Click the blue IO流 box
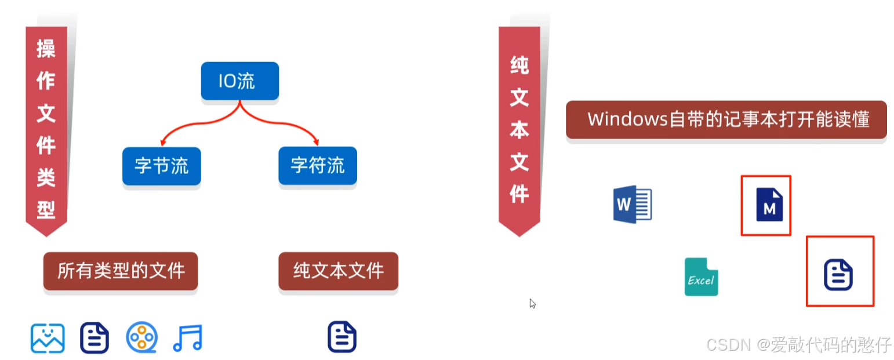[239, 81]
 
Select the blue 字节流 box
[161, 166]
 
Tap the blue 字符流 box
[317, 166]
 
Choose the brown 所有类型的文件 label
[121, 271]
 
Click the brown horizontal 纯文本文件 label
[338, 271]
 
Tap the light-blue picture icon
[48, 338]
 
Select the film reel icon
[141, 338]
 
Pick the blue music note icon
[187, 338]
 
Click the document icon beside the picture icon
[95, 338]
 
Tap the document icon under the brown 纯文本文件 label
[342, 337]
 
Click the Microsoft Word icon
[632, 203]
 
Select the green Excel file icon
[701, 277]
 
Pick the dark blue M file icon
[769, 205]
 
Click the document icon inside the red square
[838, 275]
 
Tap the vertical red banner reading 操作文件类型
[46, 128]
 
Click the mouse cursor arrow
[532, 303]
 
